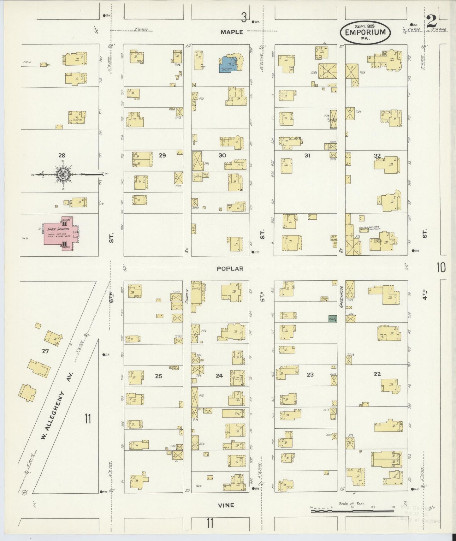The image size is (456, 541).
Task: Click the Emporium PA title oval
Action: [365, 32]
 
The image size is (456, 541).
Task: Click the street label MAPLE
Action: [232, 32]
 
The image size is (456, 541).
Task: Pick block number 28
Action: [62, 155]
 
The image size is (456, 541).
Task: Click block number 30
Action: [222, 155]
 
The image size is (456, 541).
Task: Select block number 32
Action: [377, 155]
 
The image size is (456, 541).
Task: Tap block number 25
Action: [158, 376]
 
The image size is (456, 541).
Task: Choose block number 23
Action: [310, 374]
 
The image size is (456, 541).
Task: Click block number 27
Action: [45, 351]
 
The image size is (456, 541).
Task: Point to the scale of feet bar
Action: [353, 510]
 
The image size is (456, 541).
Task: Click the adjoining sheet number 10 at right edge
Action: [441, 268]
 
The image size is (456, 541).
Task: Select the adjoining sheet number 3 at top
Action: [244, 17]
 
